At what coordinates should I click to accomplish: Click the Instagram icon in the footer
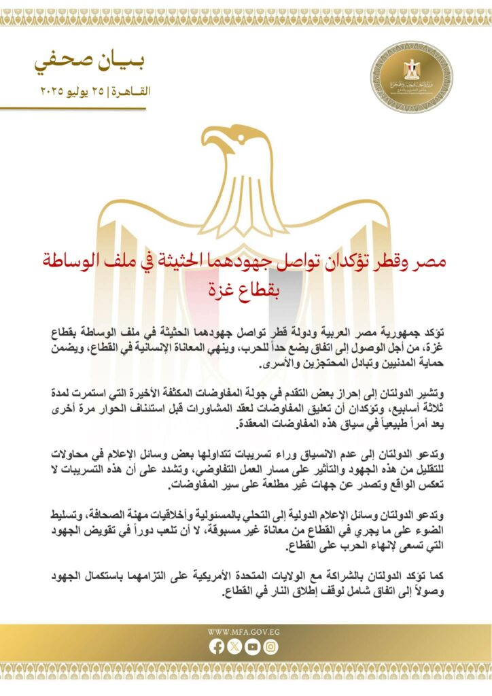271,647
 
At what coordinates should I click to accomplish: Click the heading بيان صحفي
89,63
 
